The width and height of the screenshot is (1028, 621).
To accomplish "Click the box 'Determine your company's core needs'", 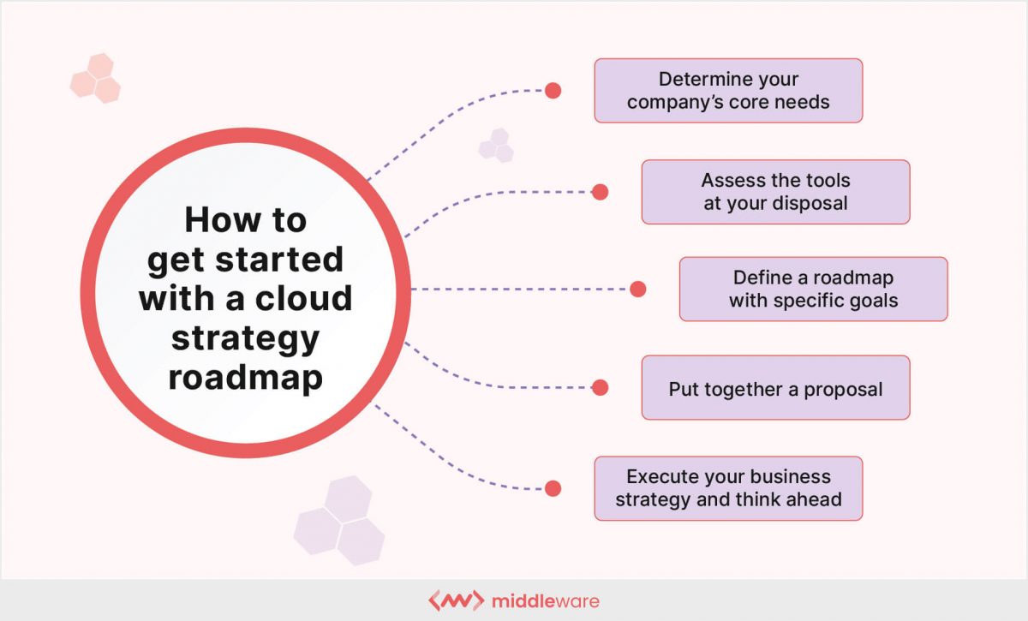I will click(728, 91).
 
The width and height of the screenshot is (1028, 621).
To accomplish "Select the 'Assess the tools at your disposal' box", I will click(775, 192).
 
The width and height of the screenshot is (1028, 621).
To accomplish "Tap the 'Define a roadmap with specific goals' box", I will click(813, 290).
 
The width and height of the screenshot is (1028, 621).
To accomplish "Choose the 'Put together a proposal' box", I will click(775, 389).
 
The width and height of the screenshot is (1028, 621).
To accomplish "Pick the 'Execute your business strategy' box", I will click(728, 488).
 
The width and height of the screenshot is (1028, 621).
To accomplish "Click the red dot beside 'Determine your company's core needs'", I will click(553, 90).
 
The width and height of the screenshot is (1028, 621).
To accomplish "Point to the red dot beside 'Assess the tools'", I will click(600, 192).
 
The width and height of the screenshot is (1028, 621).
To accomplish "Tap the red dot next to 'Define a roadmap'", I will click(637, 290).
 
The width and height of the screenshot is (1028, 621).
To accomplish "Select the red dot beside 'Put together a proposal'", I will click(600, 388).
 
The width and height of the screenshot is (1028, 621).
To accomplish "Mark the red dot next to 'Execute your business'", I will click(553, 488).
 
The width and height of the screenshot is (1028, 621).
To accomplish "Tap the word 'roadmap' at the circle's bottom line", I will click(245, 377).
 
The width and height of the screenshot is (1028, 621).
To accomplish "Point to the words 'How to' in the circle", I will click(245, 220).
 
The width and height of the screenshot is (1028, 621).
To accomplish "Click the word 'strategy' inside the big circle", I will click(245, 337).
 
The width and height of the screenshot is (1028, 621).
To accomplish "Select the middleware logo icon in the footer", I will click(455, 600).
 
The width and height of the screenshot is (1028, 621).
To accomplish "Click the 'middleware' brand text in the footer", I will click(546, 600).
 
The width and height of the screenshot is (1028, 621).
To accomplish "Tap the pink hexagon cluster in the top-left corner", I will click(95, 78).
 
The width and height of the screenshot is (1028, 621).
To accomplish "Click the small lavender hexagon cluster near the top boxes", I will click(496, 146).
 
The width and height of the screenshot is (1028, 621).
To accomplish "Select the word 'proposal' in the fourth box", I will click(843, 389).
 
